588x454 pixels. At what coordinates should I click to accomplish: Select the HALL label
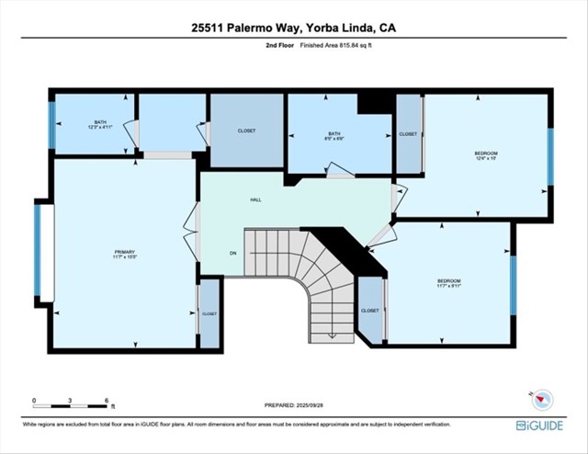pos(256,199)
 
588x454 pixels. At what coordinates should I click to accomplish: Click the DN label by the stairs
pos(233,255)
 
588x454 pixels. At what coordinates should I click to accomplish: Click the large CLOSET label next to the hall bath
pos(246,131)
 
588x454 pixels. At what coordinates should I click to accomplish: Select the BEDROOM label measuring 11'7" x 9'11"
pos(448,282)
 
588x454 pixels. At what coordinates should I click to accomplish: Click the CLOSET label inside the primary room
pos(209,313)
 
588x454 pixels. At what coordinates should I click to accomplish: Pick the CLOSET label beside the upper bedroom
pos(408,134)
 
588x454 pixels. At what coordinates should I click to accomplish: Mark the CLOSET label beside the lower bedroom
pos(369,311)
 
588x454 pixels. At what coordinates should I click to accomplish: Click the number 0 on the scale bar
pos(34,402)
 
